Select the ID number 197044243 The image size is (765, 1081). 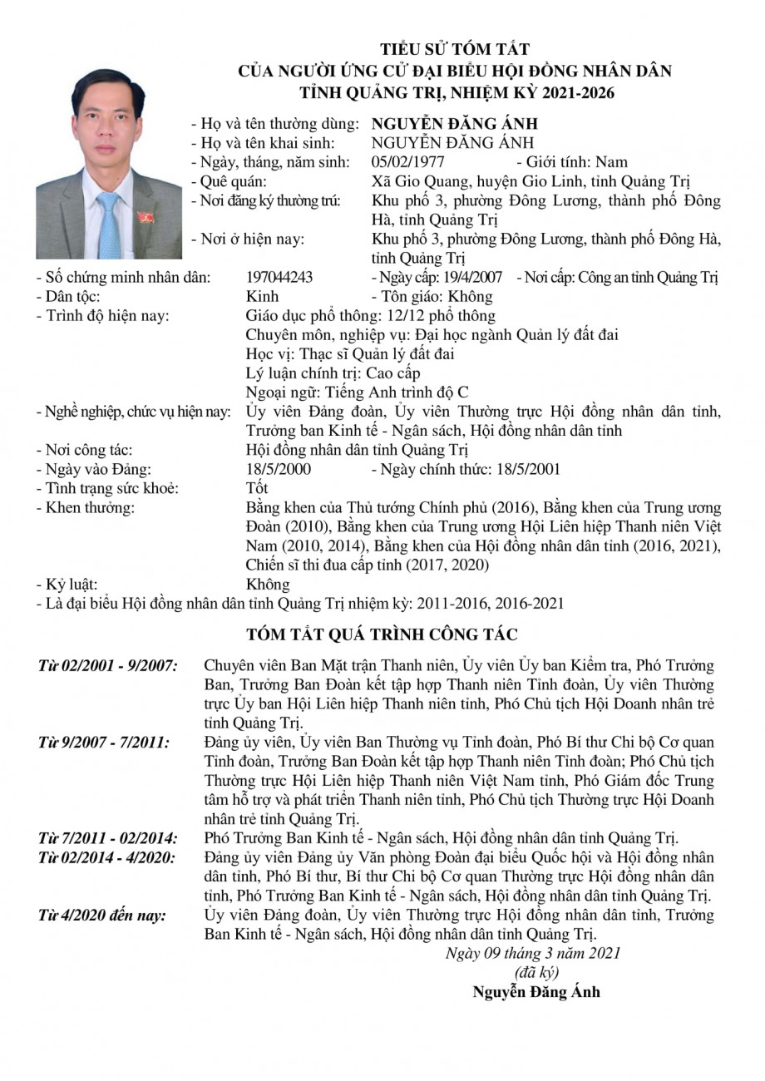pyautogui.click(x=280, y=278)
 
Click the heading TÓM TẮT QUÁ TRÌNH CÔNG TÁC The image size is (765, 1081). pyautogui.click(x=382, y=635)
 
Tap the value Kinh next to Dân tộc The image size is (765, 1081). pyautogui.click(x=263, y=297)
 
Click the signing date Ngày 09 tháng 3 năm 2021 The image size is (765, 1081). pyautogui.click(x=533, y=953)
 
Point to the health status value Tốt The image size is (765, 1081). pyautogui.click(x=258, y=489)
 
